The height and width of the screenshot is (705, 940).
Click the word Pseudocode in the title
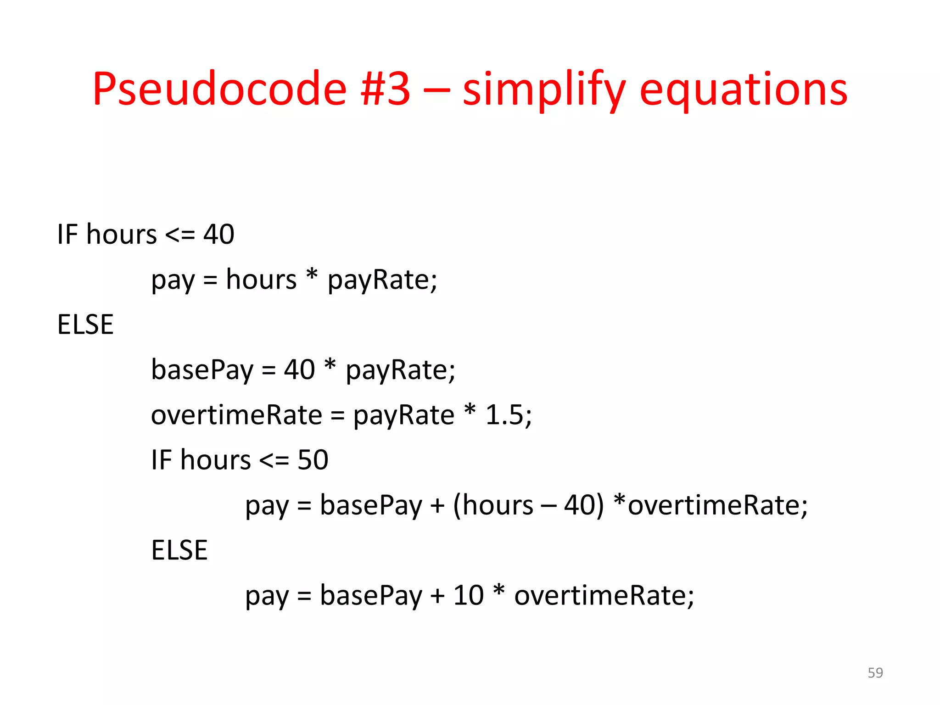(x=219, y=89)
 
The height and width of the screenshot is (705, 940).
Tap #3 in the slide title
(x=386, y=89)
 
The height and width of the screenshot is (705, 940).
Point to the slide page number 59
(x=875, y=673)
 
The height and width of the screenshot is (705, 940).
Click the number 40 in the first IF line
(x=219, y=234)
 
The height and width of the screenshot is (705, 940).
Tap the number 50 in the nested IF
(x=313, y=460)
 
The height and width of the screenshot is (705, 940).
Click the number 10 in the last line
(x=468, y=595)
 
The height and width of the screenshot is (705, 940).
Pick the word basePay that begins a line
(x=202, y=370)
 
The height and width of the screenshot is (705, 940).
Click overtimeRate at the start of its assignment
(x=237, y=415)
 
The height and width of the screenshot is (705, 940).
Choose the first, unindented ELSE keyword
(x=85, y=325)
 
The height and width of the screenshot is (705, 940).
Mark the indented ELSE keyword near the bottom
(x=179, y=550)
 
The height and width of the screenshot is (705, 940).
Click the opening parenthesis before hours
(x=457, y=506)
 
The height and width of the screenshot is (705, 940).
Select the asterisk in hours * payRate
(x=312, y=276)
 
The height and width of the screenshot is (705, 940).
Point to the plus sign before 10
(x=437, y=596)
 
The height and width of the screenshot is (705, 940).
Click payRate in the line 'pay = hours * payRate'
(x=382, y=280)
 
